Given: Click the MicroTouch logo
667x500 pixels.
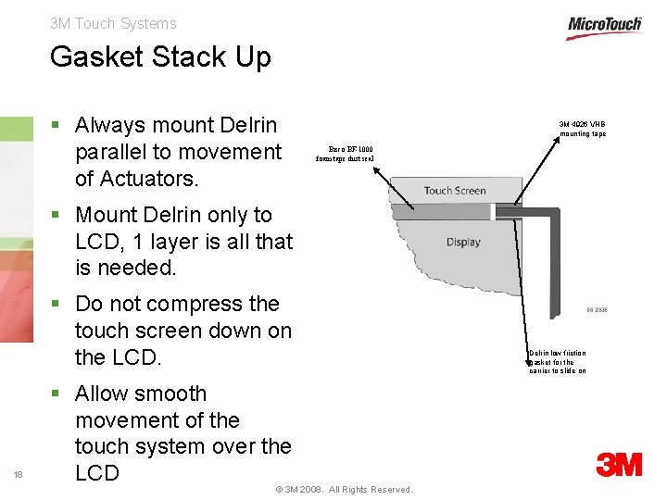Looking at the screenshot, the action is click(x=604, y=27).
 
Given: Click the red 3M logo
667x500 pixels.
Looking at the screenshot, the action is click(x=620, y=464).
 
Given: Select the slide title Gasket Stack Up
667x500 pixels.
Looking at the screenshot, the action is click(x=160, y=56).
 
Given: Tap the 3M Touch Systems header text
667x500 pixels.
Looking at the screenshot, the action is click(x=113, y=23).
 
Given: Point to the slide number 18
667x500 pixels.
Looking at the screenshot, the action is click(x=19, y=475).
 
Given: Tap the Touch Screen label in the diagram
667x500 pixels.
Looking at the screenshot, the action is click(x=454, y=191).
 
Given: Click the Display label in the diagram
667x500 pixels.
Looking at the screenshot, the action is click(x=463, y=242).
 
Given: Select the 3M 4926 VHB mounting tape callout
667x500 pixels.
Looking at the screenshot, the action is click(x=582, y=129).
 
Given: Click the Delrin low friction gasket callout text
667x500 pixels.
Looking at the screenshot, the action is click(x=558, y=361).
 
